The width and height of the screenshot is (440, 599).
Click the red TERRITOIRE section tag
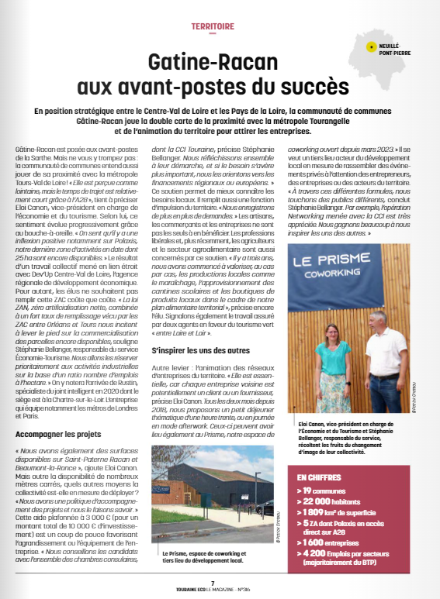[x=213, y=26]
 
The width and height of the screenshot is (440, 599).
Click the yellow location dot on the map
[x=373, y=47]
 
